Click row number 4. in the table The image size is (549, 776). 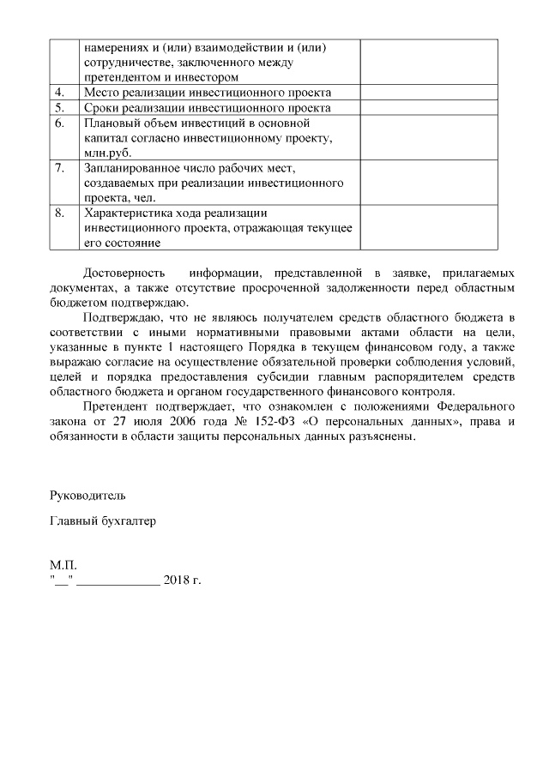click(59, 93)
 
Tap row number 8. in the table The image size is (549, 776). click(59, 213)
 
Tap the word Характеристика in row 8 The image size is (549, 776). click(127, 213)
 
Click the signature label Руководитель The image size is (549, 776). click(88, 496)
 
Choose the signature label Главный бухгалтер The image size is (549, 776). click(103, 520)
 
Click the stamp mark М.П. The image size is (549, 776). click(63, 567)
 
